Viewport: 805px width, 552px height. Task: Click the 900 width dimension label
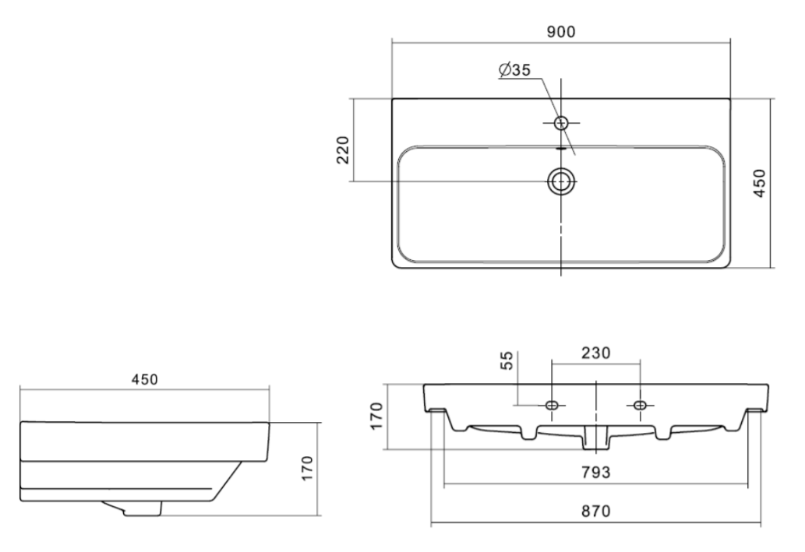click(x=560, y=32)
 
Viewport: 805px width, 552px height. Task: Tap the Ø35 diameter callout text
click(x=514, y=70)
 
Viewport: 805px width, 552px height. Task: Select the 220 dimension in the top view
click(x=343, y=149)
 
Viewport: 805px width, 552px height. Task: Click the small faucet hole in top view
click(x=561, y=122)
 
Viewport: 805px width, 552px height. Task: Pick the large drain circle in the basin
click(x=561, y=181)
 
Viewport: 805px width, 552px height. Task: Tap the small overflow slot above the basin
click(x=560, y=149)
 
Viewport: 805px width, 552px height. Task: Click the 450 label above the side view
click(x=145, y=380)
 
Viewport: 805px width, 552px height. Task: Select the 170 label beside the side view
click(x=306, y=468)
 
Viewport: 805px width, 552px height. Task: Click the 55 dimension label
click(x=507, y=360)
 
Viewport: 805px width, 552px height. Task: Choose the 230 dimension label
click(x=596, y=353)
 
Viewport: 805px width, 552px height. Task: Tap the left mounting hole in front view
click(x=552, y=406)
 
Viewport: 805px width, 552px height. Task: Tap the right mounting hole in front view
click(x=640, y=406)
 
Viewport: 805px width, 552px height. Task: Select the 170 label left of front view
click(x=376, y=416)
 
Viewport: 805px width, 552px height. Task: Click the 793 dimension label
click(x=596, y=472)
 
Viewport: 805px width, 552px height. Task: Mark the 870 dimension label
click(x=596, y=512)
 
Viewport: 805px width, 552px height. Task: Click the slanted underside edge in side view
click(x=227, y=480)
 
